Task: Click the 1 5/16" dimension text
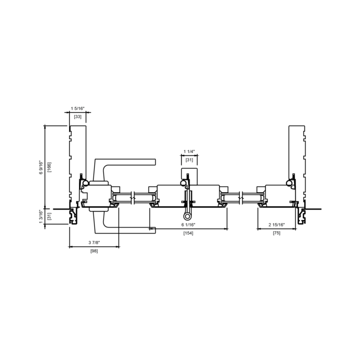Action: click(x=77, y=108)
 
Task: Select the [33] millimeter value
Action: click(x=77, y=116)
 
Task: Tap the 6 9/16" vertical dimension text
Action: click(x=41, y=167)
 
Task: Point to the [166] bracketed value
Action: click(x=49, y=167)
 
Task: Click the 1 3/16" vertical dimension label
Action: click(x=41, y=216)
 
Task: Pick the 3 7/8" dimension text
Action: click(x=94, y=242)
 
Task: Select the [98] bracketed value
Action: click(x=94, y=251)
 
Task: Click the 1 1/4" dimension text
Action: click(x=189, y=151)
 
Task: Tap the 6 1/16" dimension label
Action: click(x=188, y=224)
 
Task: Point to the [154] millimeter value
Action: click(x=188, y=233)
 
